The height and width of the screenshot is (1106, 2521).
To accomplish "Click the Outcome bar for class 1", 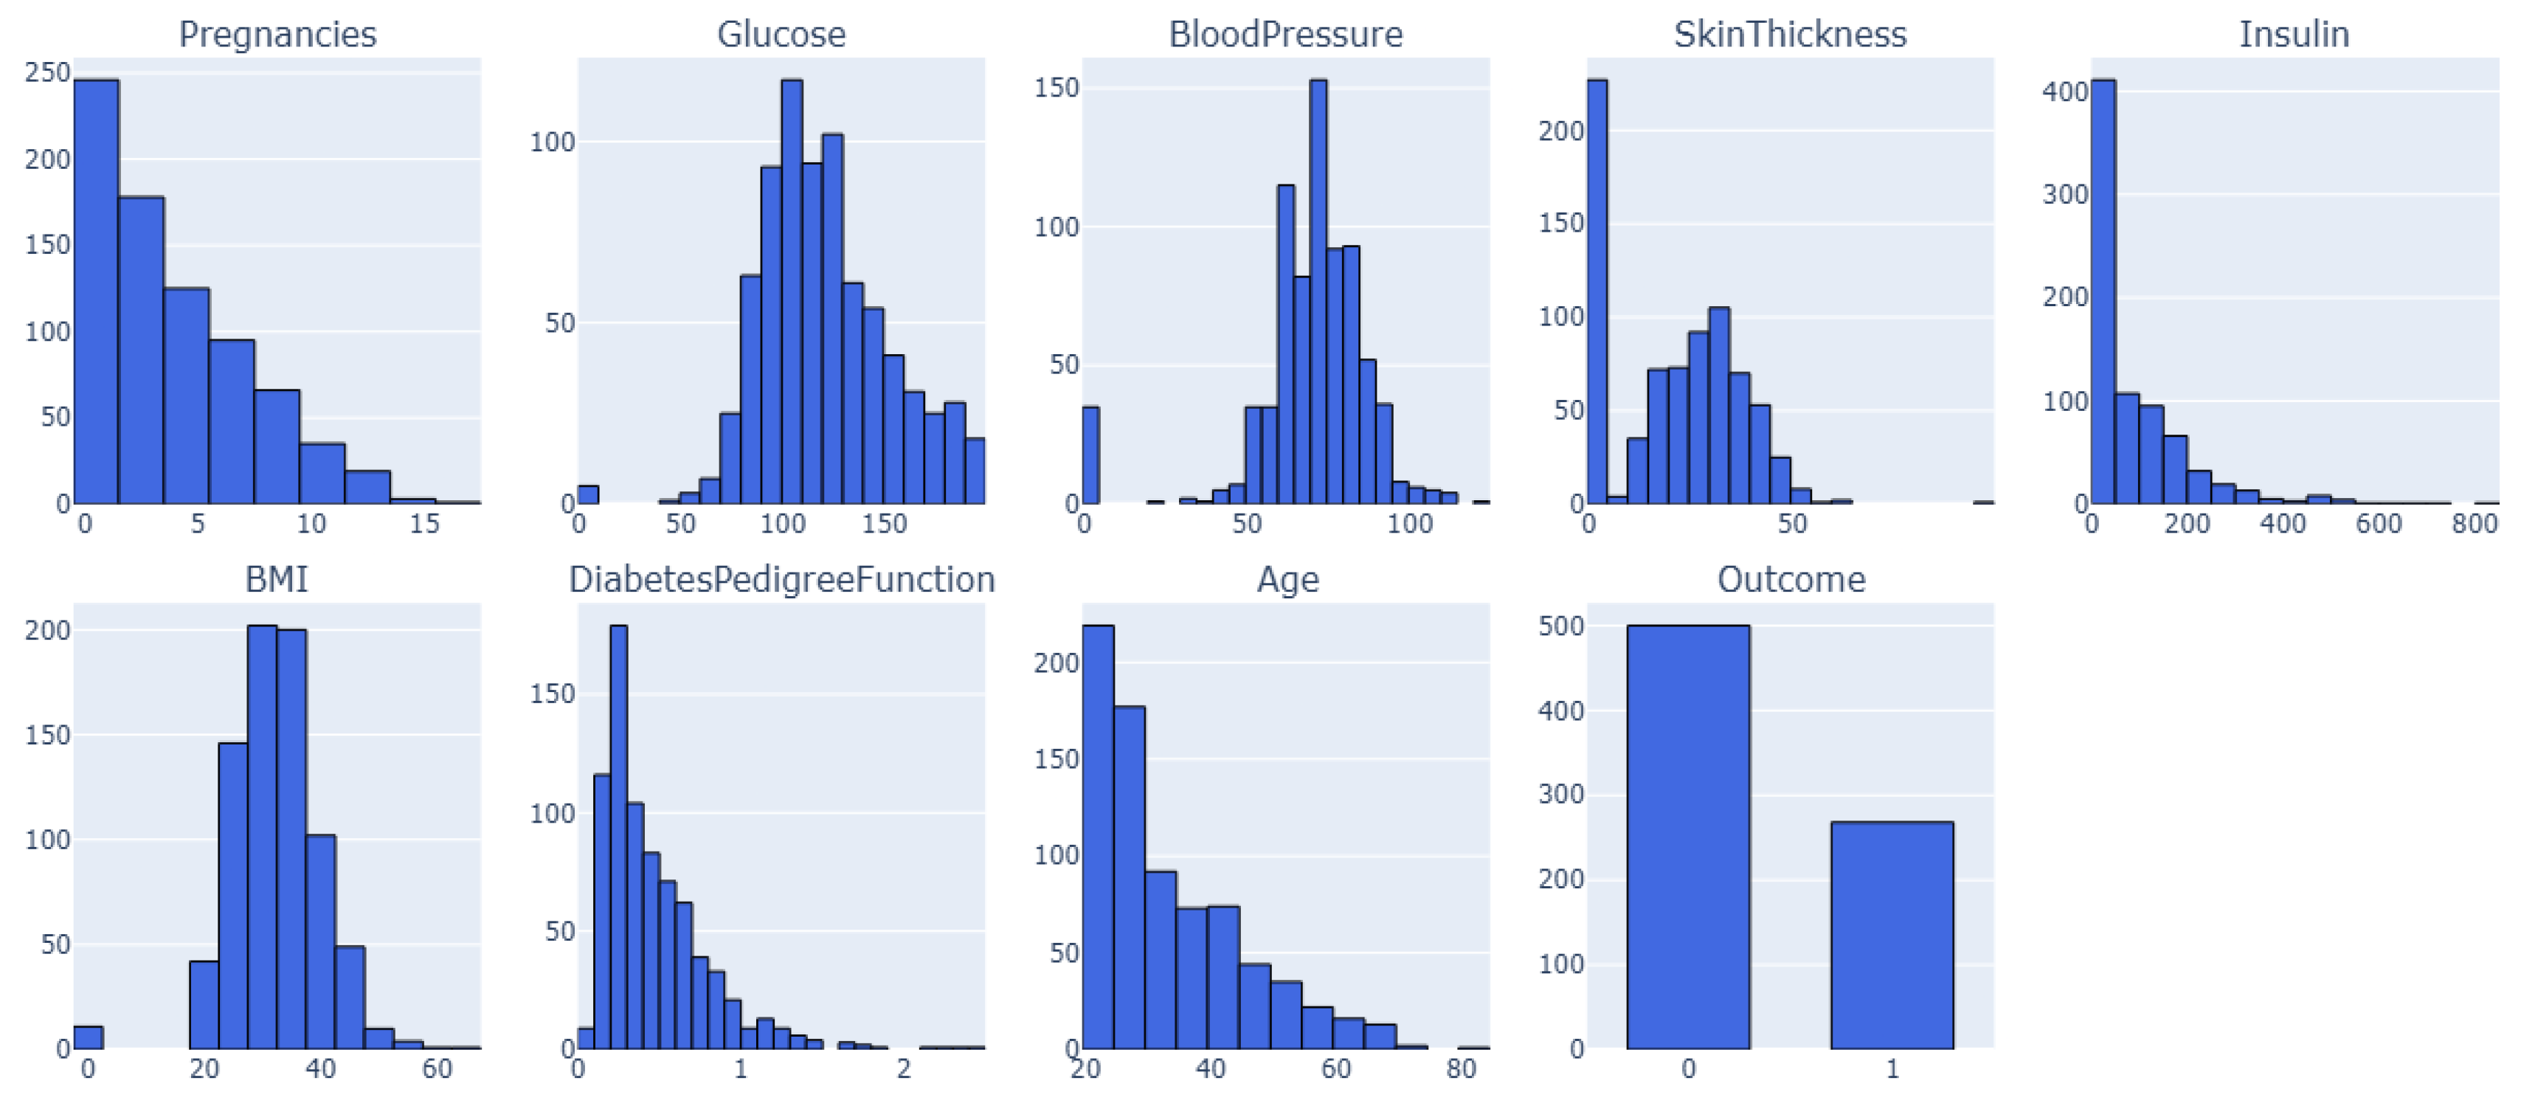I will [x=1891, y=935].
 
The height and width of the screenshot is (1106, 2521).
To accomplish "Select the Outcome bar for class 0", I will [x=1687, y=837].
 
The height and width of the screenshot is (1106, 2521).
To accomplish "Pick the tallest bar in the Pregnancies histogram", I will [x=96, y=294].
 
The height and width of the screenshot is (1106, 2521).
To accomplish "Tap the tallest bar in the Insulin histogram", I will [x=2103, y=294].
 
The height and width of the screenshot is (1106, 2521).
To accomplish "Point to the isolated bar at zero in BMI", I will [x=88, y=1037].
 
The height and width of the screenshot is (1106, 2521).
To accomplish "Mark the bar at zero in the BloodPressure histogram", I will [x=1090, y=455].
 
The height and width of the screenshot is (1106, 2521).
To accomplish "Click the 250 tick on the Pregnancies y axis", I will [x=47, y=72].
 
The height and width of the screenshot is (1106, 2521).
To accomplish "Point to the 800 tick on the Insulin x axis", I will [x=2474, y=524].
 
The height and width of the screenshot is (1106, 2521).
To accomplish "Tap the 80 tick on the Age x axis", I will [x=1460, y=1069].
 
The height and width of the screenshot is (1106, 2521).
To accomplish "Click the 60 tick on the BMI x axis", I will [x=437, y=1069].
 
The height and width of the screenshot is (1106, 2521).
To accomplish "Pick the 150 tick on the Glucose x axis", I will [x=884, y=524].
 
